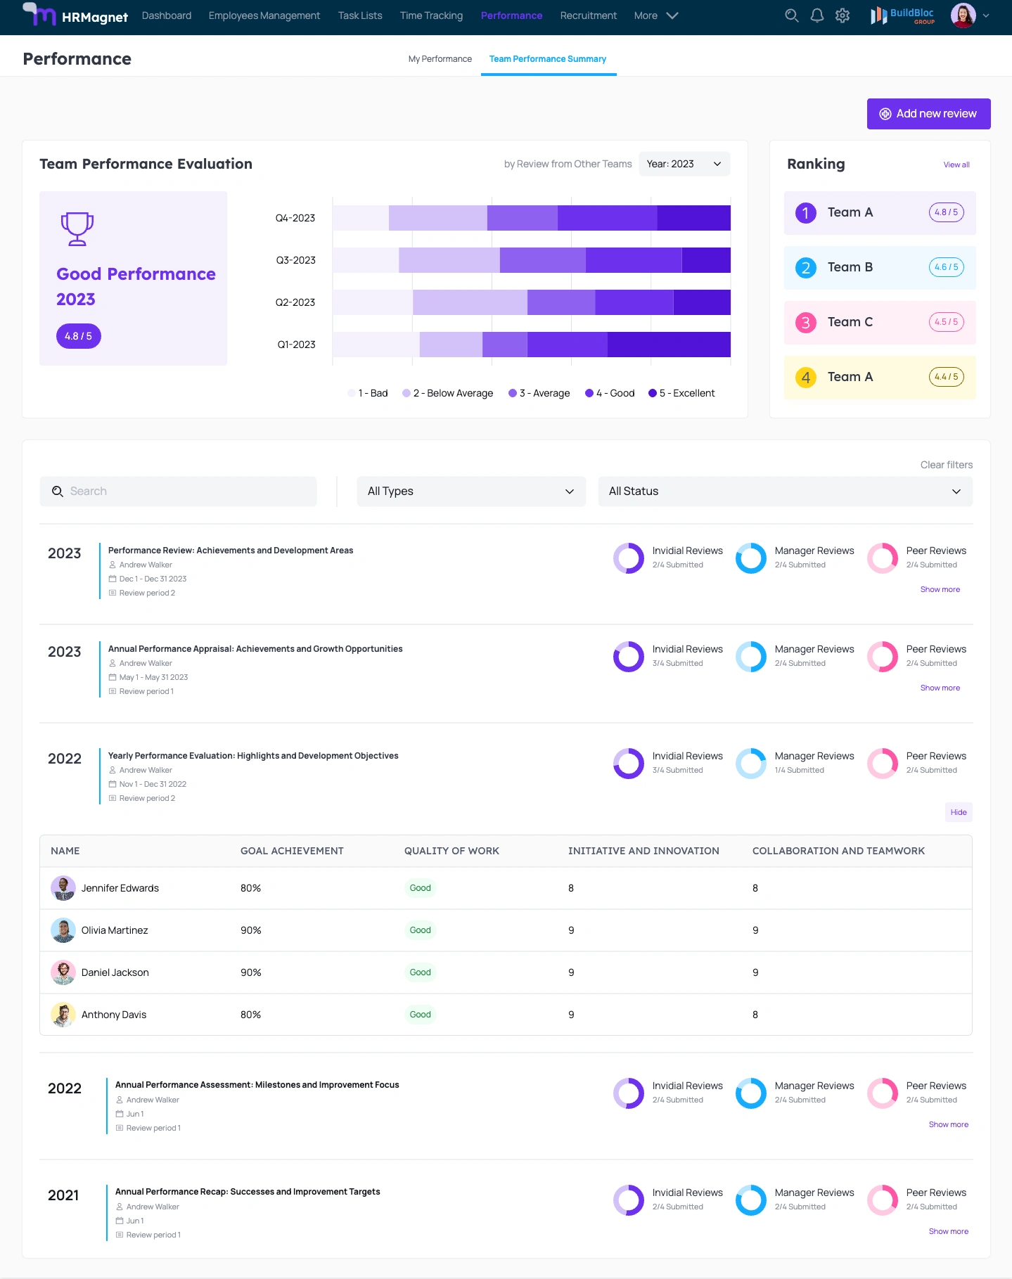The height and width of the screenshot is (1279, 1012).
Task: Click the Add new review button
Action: tap(928, 114)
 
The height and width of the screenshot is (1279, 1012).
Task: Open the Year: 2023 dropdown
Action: tap(684, 164)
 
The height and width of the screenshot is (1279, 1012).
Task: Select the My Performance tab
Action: tap(440, 59)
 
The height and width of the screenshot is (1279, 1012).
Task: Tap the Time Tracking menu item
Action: tap(431, 15)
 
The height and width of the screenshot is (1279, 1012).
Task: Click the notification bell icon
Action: tap(816, 15)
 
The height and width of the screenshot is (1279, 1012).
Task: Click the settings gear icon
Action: tap(843, 15)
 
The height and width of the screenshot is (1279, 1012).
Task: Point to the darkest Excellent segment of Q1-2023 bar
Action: tap(668, 345)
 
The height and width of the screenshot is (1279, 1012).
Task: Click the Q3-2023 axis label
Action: tap(295, 260)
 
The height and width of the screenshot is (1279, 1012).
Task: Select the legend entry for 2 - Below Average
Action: tap(448, 393)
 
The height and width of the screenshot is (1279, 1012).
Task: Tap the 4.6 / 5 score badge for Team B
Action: tap(946, 267)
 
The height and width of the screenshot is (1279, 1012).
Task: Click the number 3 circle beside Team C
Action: tap(805, 323)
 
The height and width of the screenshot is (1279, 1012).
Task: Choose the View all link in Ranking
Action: tap(956, 165)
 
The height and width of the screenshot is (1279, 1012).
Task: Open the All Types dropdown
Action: tap(470, 491)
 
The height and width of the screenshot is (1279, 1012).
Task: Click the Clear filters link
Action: tap(946, 465)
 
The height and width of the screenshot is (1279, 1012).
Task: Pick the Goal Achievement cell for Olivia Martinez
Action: tap(251, 930)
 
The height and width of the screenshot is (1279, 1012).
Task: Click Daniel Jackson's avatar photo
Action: tap(63, 972)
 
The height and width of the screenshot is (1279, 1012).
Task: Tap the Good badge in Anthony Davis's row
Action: tap(420, 1015)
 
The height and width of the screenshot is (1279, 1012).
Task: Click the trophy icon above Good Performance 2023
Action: tap(77, 229)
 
